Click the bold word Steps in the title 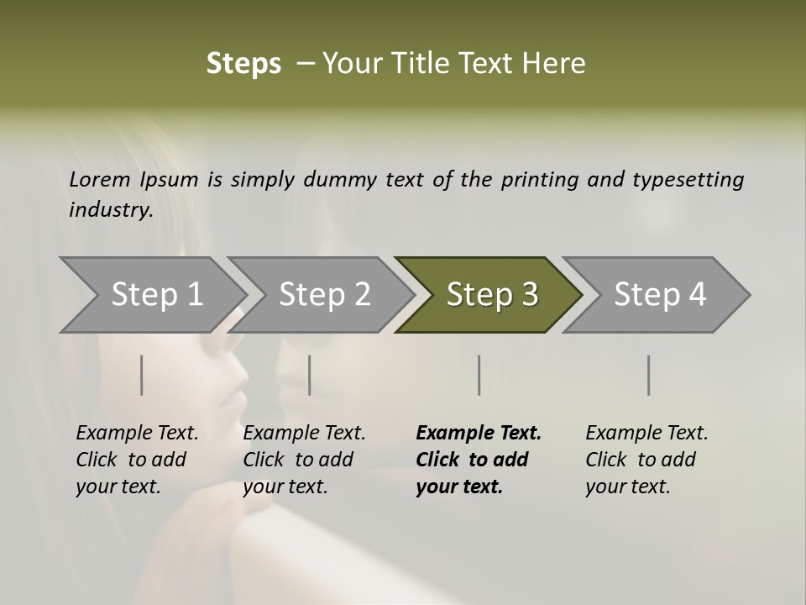(243, 64)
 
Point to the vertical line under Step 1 (142, 375)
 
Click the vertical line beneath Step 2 (310, 375)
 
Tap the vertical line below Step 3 (479, 375)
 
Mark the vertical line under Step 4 (649, 375)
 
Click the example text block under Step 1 (137, 460)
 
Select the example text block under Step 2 (304, 460)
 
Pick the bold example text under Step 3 (479, 460)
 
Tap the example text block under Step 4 (646, 460)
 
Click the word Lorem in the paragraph (99, 180)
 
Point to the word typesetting (688, 180)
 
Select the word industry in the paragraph (110, 210)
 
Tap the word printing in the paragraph (540, 180)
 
